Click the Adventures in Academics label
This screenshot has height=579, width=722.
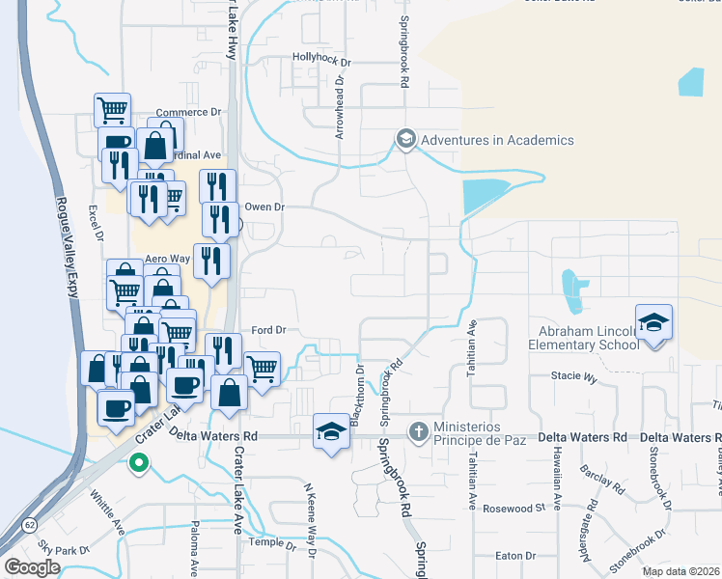pyautogui.click(x=497, y=140)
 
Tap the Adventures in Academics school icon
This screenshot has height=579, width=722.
pyautogui.click(x=405, y=140)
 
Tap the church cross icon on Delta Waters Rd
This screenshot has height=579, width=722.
pyautogui.click(x=418, y=429)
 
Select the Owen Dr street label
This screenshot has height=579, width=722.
pyautogui.click(x=265, y=207)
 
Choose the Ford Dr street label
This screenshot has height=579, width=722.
pyautogui.click(x=269, y=329)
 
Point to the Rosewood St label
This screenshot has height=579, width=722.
pyautogui.click(x=514, y=509)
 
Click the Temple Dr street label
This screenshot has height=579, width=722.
pyautogui.click(x=267, y=542)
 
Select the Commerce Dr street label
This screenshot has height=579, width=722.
pyautogui.click(x=188, y=112)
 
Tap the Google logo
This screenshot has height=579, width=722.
pyautogui.click(x=32, y=567)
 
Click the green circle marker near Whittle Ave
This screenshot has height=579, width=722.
pyautogui.click(x=138, y=462)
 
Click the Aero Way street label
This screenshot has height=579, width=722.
pyautogui.click(x=167, y=260)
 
